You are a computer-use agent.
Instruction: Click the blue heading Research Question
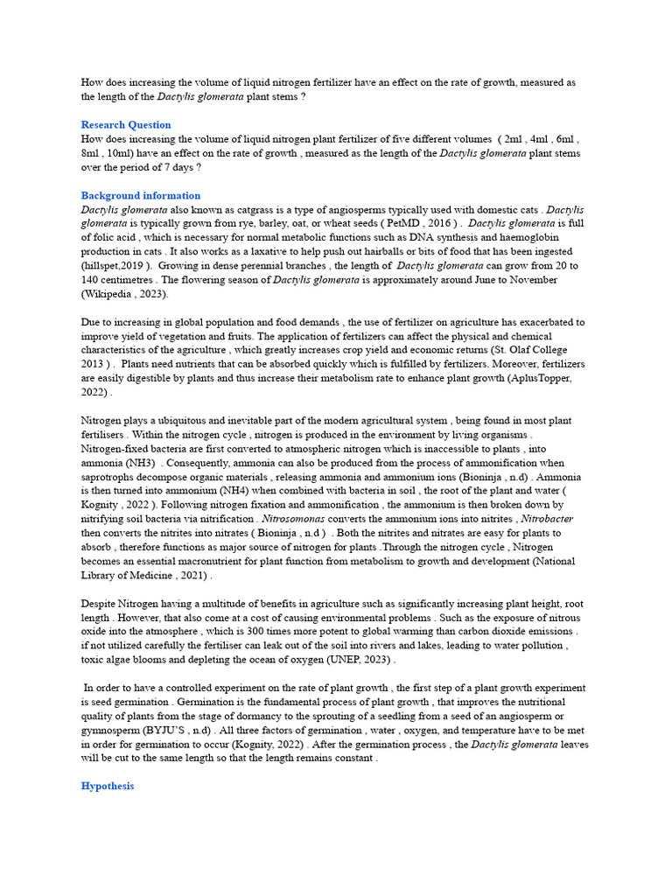pos(126,124)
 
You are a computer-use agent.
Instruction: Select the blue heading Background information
pos(140,195)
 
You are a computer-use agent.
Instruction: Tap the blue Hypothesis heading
pos(108,786)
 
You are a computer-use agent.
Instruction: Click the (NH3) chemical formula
pos(135,462)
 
